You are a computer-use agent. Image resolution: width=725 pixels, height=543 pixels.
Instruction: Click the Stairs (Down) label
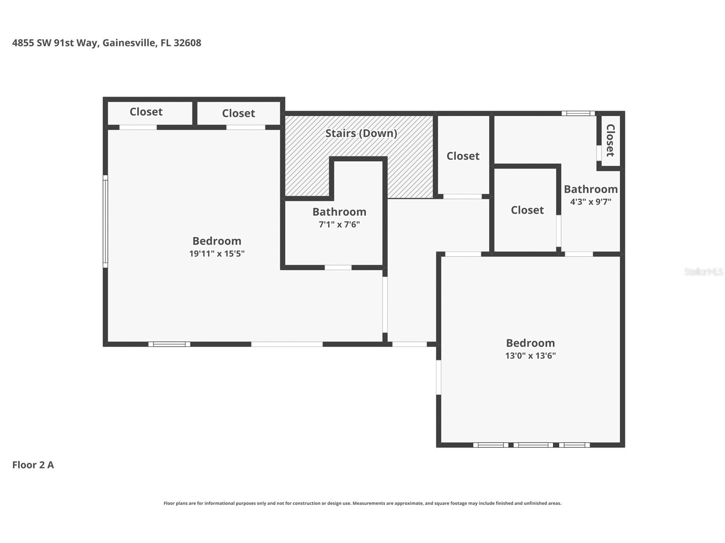pyautogui.click(x=361, y=133)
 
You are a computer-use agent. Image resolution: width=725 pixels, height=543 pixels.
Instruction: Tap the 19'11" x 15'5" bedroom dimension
pyautogui.click(x=217, y=254)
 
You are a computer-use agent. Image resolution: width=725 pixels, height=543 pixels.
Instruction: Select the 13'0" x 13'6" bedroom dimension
pyautogui.click(x=530, y=356)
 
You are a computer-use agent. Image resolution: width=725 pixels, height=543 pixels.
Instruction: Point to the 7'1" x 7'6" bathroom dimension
pyautogui.click(x=339, y=225)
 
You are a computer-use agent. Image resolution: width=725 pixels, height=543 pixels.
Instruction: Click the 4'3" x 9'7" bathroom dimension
pyautogui.click(x=591, y=201)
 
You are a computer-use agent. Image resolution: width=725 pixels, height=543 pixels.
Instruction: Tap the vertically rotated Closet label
pyautogui.click(x=610, y=140)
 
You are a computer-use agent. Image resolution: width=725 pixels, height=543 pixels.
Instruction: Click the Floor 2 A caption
pyautogui.click(x=33, y=465)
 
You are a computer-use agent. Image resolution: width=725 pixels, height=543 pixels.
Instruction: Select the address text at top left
pyautogui.click(x=106, y=43)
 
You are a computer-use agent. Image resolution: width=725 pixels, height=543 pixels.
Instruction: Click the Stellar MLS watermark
pyautogui.click(x=703, y=271)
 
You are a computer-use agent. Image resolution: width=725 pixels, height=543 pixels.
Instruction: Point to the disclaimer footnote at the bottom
pyautogui.click(x=362, y=503)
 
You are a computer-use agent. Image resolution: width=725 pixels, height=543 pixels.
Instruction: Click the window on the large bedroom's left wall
pyautogui.click(x=105, y=221)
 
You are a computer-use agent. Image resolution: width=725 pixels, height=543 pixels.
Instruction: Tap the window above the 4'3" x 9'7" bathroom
pyautogui.click(x=578, y=114)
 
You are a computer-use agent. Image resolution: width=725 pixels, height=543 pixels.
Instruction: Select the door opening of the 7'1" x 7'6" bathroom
pyautogui.click(x=338, y=268)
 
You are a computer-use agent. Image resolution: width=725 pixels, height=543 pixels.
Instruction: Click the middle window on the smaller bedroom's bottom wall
pyautogui.click(x=533, y=445)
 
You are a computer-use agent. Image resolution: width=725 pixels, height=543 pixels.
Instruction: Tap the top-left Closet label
pyautogui.click(x=146, y=112)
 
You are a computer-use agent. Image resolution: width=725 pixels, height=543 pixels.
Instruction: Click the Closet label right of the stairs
pyautogui.click(x=463, y=156)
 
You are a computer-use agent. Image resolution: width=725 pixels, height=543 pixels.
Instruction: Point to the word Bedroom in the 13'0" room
pyautogui.click(x=530, y=343)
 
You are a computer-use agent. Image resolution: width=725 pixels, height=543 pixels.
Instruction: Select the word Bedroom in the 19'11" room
pyautogui.click(x=217, y=241)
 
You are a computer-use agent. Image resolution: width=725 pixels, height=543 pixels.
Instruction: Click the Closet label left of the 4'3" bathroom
pyautogui.click(x=527, y=210)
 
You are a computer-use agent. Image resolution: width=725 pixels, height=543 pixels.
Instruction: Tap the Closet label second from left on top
pyautogui.click(x=239, y=113)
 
